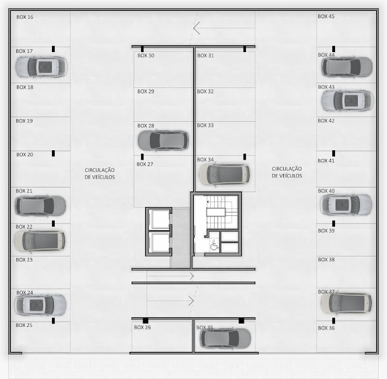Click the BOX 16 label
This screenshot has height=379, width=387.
coord(25,17)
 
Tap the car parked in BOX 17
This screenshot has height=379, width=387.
coord(41,67)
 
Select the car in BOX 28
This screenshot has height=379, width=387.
coord(163,141)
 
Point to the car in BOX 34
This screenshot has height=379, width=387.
coord(224,174)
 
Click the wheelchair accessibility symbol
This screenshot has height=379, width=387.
coord(214,246)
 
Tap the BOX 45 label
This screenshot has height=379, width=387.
coord(326,16)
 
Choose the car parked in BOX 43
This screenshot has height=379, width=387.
coord(347,100)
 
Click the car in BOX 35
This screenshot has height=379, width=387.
coord(225,338)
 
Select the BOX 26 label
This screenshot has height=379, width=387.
coord(143,328)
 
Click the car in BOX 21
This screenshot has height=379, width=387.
coord(41,206)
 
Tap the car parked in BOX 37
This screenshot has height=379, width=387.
coord(346,303)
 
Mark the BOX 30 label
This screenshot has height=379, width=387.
coord(146,55)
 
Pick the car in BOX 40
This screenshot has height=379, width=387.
coord(346,205)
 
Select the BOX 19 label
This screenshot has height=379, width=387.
coord(24,121)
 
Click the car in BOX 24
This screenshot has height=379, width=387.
coord(41,305)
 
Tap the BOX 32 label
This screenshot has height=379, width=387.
coord(205,91)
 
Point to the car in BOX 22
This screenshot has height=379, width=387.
coord(40,241)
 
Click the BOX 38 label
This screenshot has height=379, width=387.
coord(326,260)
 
